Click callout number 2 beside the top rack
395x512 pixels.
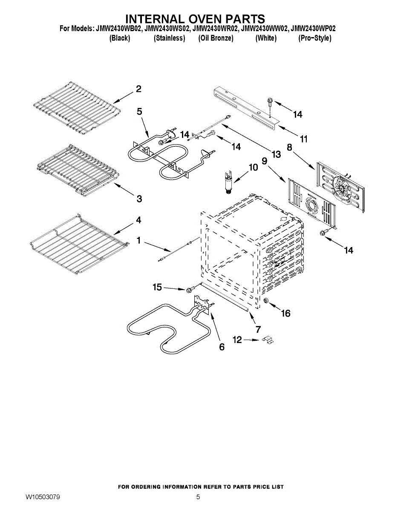point(138,89)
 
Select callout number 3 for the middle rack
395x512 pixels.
point(139,198)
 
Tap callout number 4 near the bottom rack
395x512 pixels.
point(138,220)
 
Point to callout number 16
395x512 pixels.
point(285,314)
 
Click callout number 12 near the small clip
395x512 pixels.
point(237,340)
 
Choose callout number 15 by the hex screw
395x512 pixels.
point(157,288)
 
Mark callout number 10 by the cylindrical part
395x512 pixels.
point(253,167)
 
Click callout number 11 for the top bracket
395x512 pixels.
point(303,139)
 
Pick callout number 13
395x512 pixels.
point(276,154)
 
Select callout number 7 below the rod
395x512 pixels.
point(258,329)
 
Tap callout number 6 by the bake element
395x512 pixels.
point(222,347)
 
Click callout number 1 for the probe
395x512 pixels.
point(138,241)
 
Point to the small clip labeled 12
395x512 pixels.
point(268,340)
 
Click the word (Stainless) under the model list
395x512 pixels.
point(169,38)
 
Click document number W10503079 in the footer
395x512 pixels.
point(43,497)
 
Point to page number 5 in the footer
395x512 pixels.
point(198,497)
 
